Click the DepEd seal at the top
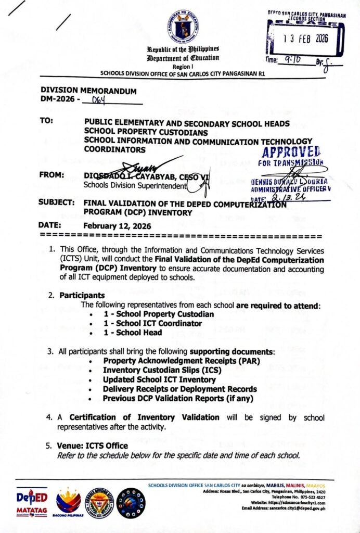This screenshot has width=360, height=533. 183,27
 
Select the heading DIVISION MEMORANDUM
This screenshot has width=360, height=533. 88,91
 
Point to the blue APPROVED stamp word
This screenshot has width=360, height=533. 292,152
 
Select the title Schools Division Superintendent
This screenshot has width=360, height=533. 135,185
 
